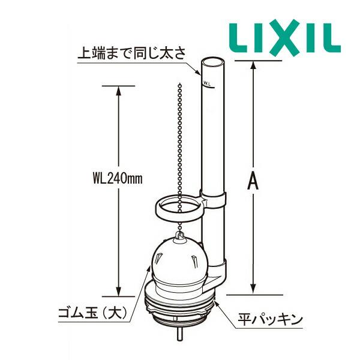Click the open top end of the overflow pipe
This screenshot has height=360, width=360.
point(212,61)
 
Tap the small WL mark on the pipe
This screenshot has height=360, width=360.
point(207,80)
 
